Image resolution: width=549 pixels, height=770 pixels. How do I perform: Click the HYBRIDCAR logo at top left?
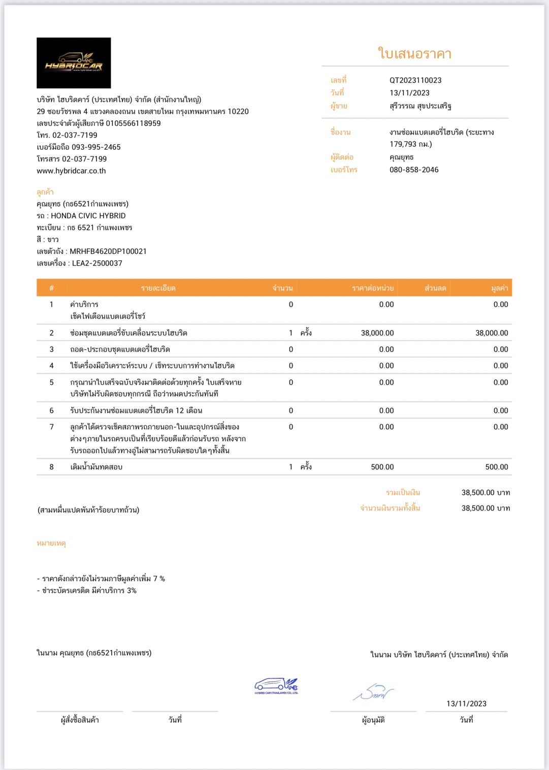[74, 63]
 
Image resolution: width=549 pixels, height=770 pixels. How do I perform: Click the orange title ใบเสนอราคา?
[414, 53]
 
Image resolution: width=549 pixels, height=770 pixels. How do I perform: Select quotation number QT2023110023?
[415, 80]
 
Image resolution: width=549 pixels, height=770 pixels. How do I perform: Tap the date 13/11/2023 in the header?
[409, 93]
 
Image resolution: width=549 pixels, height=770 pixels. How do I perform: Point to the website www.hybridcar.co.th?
[71, 171]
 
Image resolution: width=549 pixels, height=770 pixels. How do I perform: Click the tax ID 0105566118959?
[133, 123]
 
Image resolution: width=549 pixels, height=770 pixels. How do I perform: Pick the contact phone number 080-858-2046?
[414, 170]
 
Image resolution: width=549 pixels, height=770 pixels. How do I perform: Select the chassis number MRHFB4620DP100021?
[108, 251]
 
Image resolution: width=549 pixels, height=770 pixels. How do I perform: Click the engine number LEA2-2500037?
[97, 263]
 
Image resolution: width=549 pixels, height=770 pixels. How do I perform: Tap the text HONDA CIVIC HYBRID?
[88, 216]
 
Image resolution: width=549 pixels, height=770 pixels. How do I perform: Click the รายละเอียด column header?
[158, 288]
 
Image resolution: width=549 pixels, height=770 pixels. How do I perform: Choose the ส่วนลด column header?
[435, 288]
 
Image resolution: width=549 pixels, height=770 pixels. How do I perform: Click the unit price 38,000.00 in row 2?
[377, 333]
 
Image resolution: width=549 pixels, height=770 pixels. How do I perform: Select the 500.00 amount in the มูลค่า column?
[496, 467]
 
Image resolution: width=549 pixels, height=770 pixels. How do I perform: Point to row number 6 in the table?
[51, 411]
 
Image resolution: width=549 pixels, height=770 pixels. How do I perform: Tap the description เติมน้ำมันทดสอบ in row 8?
[96, 467]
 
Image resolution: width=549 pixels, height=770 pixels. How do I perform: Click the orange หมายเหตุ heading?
[51, 544]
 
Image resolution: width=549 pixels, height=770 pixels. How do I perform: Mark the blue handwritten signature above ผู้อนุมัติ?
[373, 693]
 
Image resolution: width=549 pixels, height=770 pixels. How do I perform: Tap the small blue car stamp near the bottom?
[276, 686]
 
